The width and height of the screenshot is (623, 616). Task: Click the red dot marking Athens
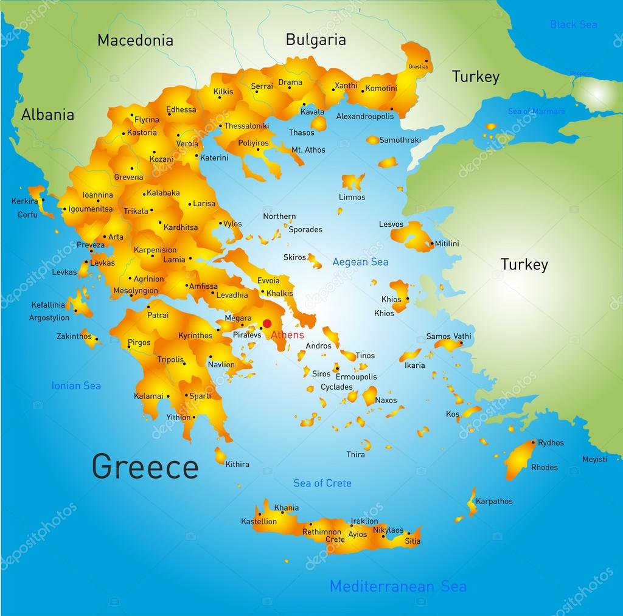pos(266,324)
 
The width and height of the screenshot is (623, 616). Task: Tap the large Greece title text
pos(145,467)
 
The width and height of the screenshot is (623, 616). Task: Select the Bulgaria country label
pos(316,40)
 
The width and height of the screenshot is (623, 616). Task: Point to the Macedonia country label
pos(135,41)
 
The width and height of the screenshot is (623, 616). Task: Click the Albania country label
pos(47,115)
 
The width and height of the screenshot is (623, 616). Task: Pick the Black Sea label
pos(573,24)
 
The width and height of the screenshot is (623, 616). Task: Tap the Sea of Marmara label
pos(536,111)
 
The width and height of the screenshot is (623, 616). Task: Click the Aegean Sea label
pos(360,262)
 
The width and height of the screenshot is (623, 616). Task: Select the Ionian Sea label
pos(76,386)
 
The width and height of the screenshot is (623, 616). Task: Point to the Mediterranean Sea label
pos(398,586)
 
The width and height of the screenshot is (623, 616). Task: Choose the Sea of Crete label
pos(322,483)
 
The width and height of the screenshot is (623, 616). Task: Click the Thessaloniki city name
pos(246,126)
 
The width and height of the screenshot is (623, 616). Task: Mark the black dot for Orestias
pos(426,60)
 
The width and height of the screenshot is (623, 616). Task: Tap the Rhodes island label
pos(544,468)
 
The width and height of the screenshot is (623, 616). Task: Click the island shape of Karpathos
pos(472,502)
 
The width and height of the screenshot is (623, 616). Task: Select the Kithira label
pos(237,465)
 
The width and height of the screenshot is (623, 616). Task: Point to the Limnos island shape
pos(352,182)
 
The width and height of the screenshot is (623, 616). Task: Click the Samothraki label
pos(400,140)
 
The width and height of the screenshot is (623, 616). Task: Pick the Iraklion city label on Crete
pos(364,521)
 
